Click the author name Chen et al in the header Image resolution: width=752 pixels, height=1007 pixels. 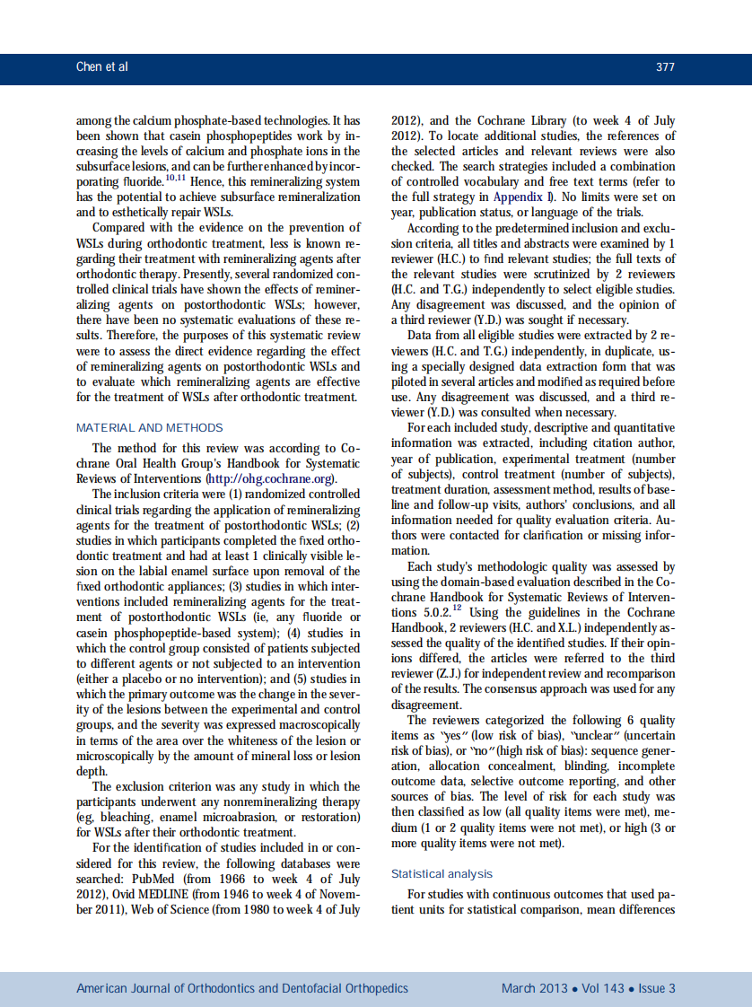pyautogui.click(x=102, y=67)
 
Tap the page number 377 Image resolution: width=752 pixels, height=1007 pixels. pyautogui.click(x=665, y=67)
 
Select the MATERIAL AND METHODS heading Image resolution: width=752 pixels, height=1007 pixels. pyautogui.click(x=150, y=427)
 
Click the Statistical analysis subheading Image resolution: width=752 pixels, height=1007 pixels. pyautogui.click(x=442, y=873)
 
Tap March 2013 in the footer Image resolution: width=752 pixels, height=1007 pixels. pyautogui.click(x=534, y=988)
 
